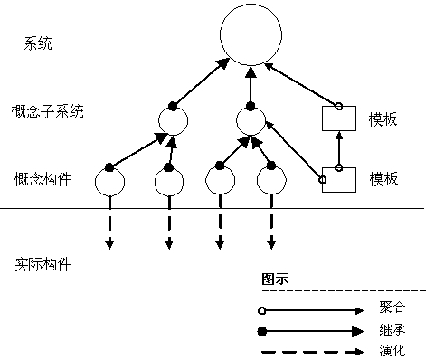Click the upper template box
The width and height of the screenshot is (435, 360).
(338, 119)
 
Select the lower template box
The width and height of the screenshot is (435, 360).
(338, 180)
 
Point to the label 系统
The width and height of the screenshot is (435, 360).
(40, 43)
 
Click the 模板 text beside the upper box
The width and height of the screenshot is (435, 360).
(383, 119)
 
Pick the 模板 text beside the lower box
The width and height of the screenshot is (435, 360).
(383, 179)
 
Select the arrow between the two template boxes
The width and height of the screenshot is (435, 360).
(339, 149)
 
